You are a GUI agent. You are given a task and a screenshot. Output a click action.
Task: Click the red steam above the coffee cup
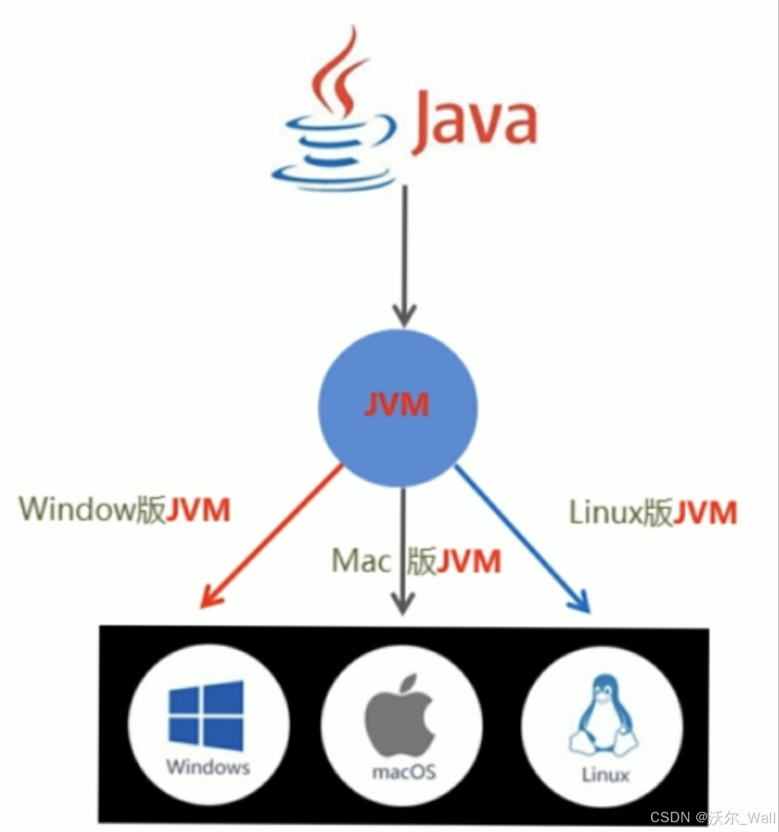338,69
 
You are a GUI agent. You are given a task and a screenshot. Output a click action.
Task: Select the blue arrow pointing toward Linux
522,539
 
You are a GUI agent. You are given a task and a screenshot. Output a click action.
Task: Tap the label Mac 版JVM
416,561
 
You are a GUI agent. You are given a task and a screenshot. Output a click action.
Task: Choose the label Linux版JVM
653,512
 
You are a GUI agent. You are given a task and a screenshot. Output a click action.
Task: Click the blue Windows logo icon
206,716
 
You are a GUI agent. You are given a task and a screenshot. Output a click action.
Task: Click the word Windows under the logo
207,766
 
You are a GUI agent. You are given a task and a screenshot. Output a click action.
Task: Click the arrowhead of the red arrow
210,599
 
